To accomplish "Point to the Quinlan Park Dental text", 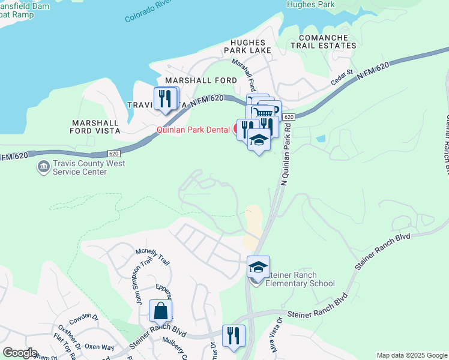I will click(x=194, y=129).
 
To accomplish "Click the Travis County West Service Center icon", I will click(x=43, y=166).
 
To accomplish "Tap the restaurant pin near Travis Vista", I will click(x=166, y=98).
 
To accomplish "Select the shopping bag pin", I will click(x=160, y=311).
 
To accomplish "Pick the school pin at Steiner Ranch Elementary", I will click(x=258, y=267).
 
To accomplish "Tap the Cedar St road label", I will click(x=340, y=82).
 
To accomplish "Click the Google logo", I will click(x=19, y=353).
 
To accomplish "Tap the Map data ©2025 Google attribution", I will click(x=411, y=355).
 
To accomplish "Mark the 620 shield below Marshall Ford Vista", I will click(x=114, y=153).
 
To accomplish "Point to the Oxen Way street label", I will click(x=99, y=347).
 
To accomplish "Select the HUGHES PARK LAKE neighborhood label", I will click(x=247, y=47).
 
